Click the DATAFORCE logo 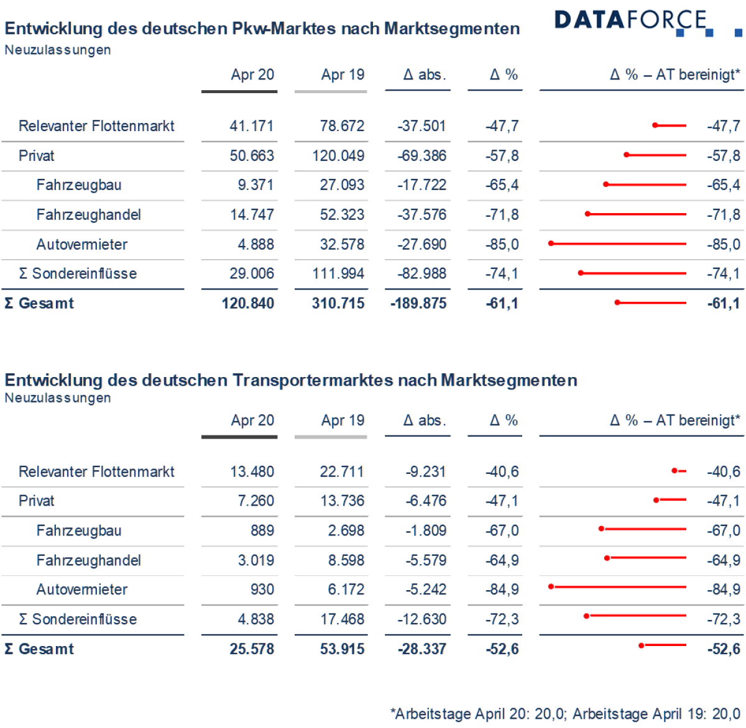point(647,22)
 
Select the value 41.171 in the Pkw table point(252,126)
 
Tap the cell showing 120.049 point(338,156)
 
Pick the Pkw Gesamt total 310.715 point(338,304)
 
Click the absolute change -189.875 point(418,304)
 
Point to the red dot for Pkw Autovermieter point(551,243)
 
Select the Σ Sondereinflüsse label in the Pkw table point(78,274)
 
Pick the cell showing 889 point(262,531)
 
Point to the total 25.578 point(252,649)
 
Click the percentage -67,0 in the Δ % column point(502,531)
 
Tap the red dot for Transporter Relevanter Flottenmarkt point(675,471)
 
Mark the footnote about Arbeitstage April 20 point(565,714)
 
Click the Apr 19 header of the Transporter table point(343,421)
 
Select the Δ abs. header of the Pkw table point(425,75)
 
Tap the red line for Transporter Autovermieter point(619,586)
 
